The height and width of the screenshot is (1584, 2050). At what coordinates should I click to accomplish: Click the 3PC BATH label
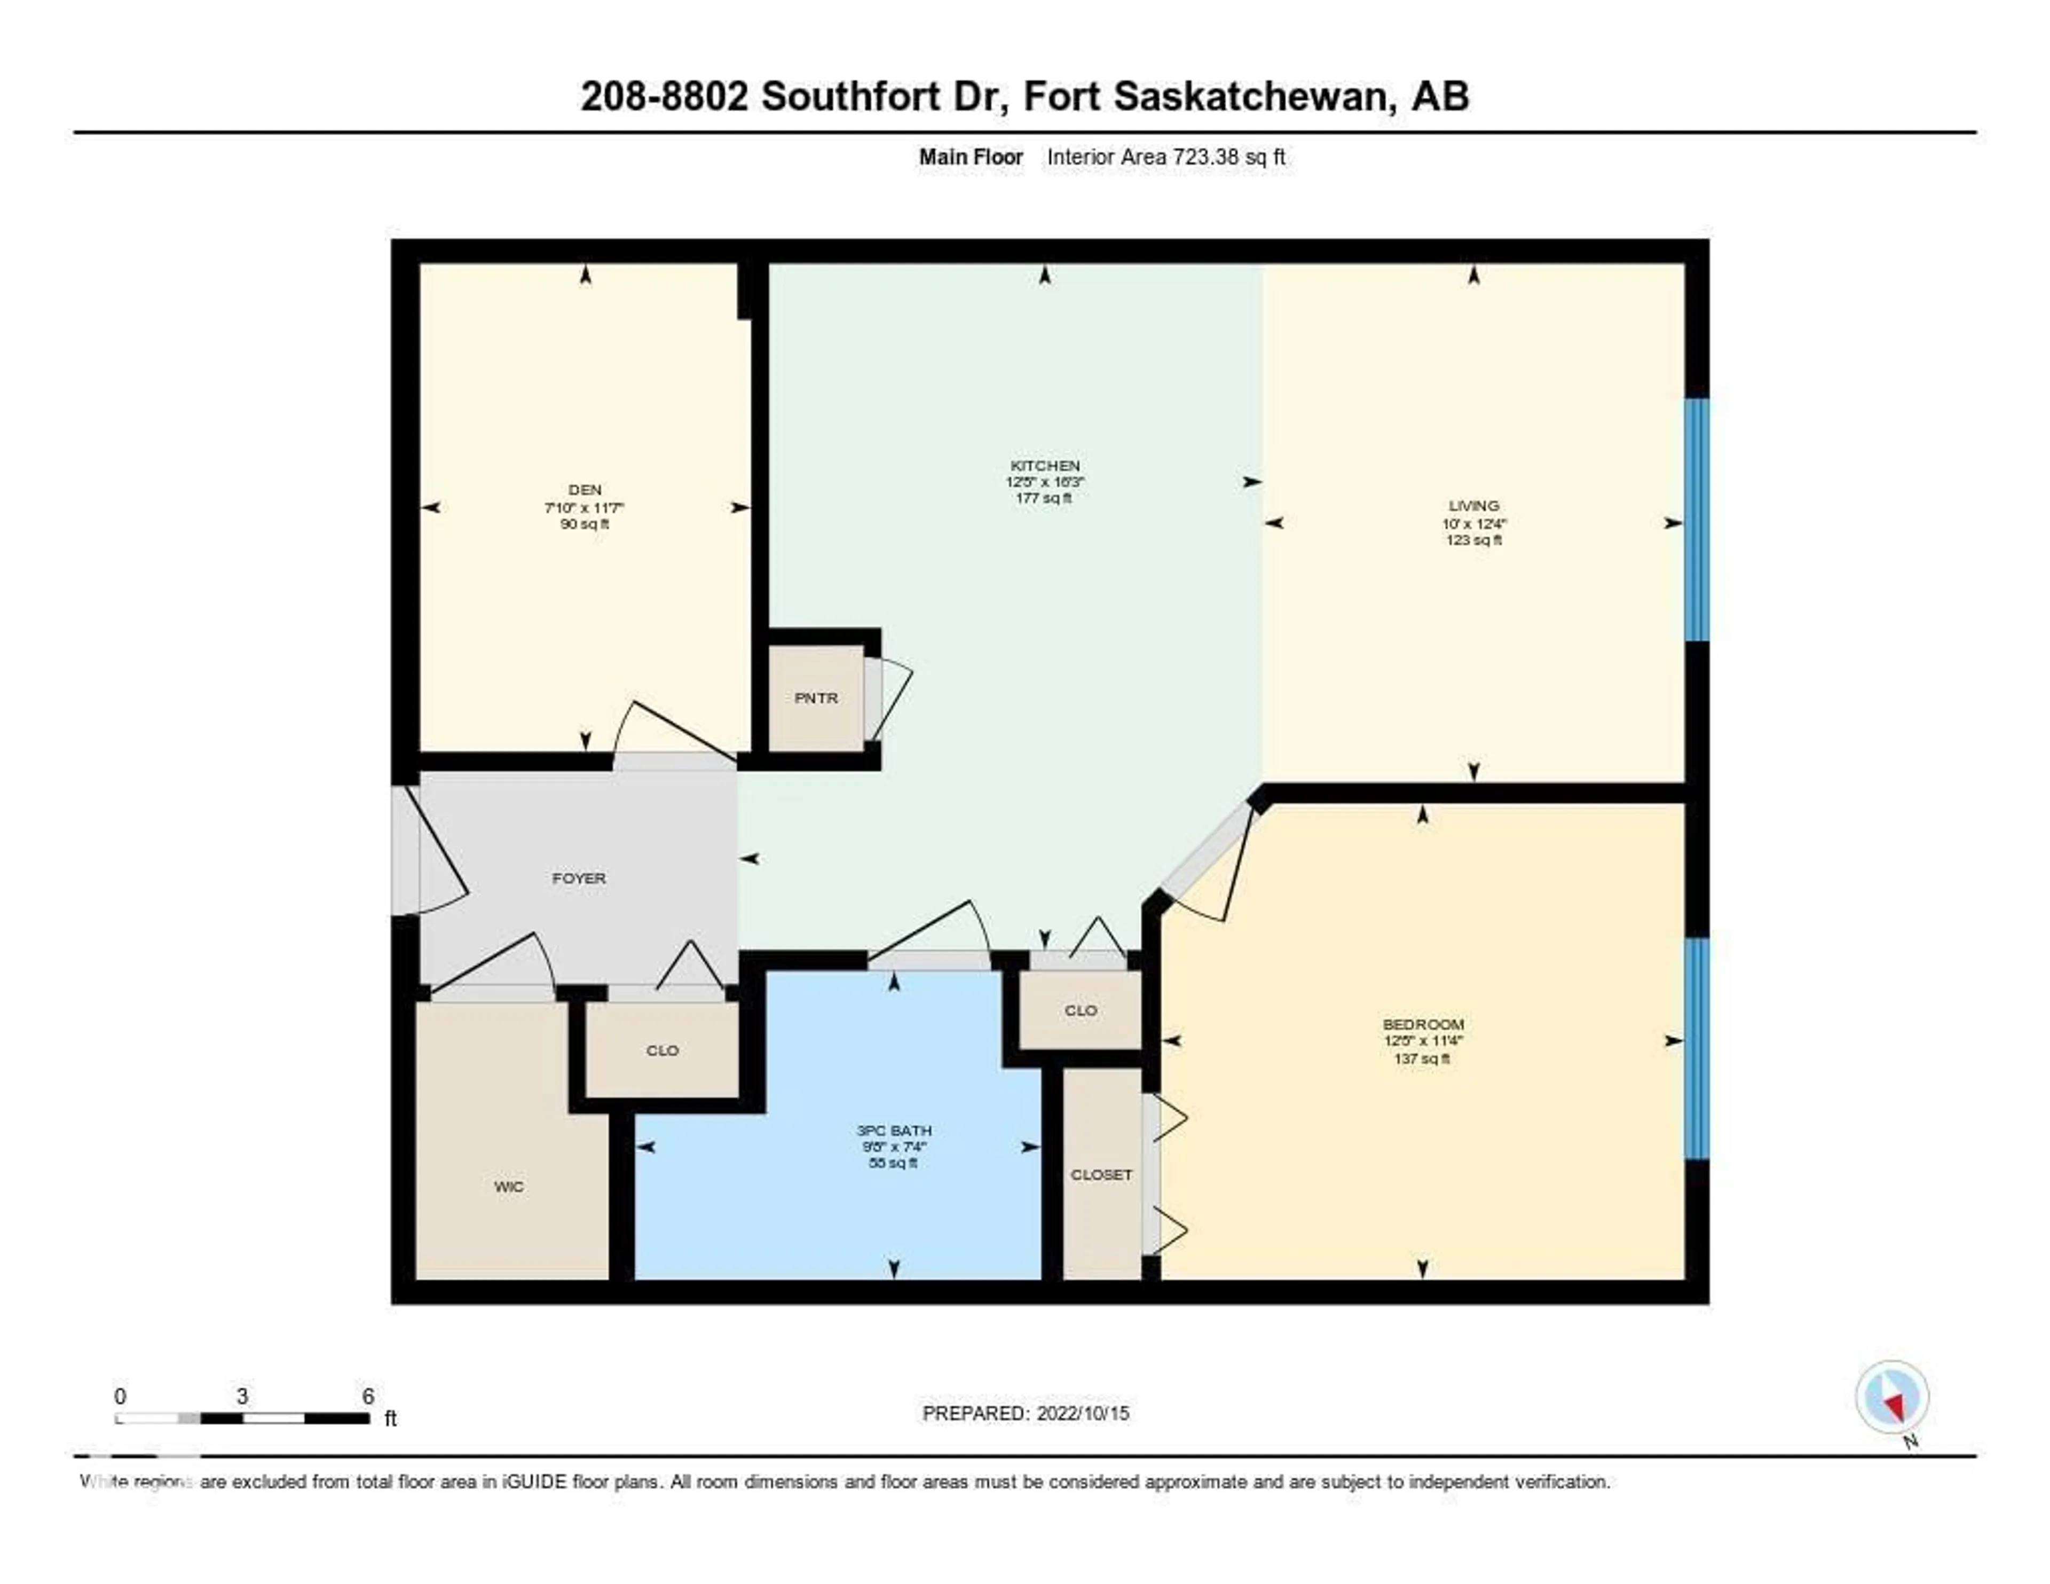(x=894, y=1131)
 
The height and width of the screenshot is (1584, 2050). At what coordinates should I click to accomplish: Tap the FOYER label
(x=578, y=878)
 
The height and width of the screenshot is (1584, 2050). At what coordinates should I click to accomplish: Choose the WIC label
(x=509, y=1187)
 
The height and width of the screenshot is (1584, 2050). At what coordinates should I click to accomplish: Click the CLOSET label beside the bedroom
(x=1101, y=1174)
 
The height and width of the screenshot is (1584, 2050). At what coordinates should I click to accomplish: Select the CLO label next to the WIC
(x=662, y=1050)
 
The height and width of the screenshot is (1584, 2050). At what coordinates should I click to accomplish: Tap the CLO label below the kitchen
(x=1081, y=1010)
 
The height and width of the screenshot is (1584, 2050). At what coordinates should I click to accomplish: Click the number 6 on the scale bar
(x=368, y=1396)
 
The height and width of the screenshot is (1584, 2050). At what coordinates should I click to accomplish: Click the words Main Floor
(x=971, y=158)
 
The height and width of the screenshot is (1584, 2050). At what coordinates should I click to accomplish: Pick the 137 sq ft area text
(x=1422, y=1058)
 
